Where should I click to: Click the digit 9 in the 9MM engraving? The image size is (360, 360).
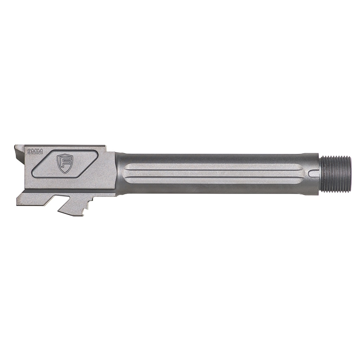tap(29, 151)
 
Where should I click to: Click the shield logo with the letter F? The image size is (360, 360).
tap(65, 163)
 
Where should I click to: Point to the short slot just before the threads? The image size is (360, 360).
tap(314, 173)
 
